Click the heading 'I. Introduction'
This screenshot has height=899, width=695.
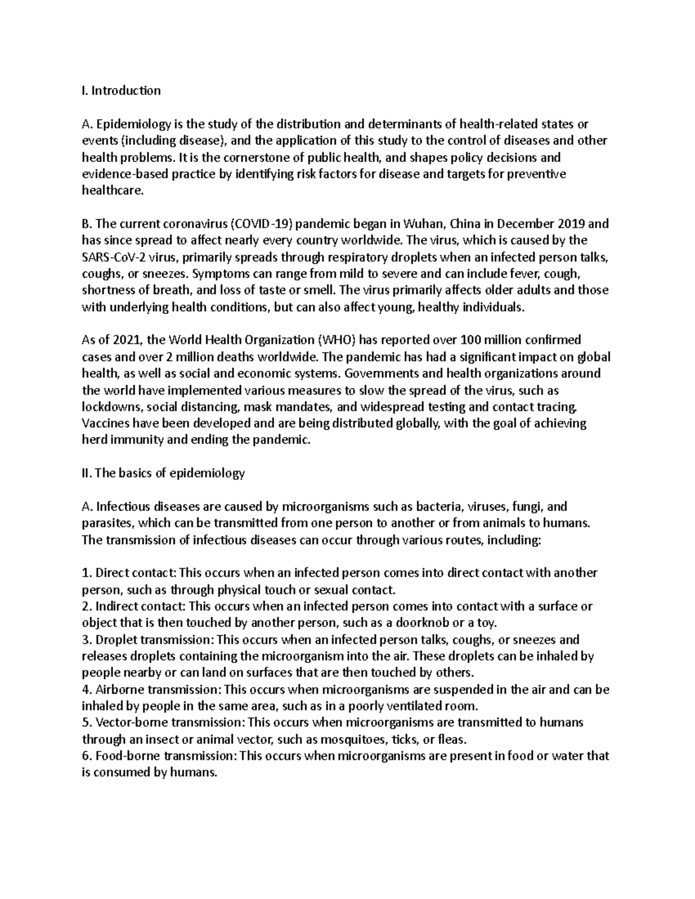click(x=121, y=90)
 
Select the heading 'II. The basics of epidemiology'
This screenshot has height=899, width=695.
click(x=163, y=473)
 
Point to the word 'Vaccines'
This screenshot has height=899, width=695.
click(x=105, y=423)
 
